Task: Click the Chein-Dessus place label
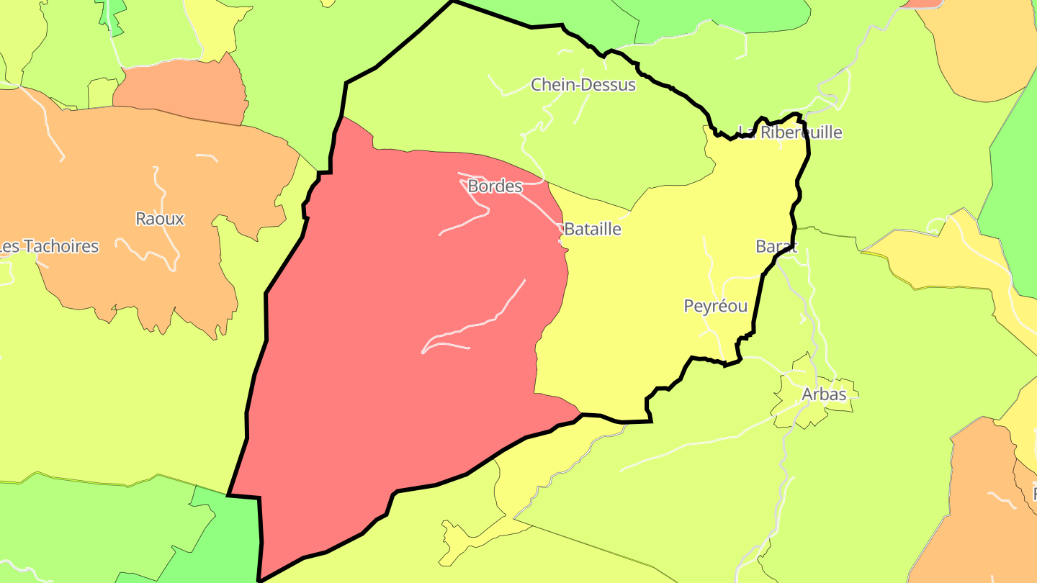[583, 85]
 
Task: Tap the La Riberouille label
[790, 132]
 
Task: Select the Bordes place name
[495, 186]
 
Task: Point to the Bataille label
[592, 229]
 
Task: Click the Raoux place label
[160, 219]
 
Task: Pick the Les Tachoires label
[48, 246]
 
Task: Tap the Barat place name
[776, 246]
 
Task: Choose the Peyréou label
[715, 307]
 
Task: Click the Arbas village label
[824, 394]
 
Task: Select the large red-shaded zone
[403, 403]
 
